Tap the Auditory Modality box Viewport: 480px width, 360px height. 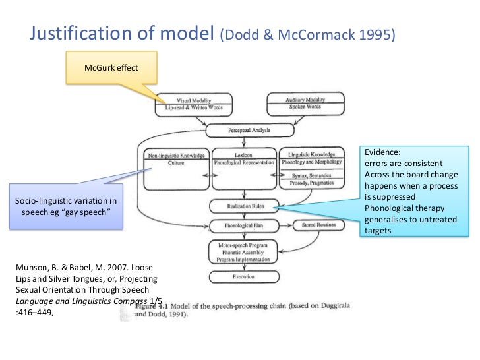tap(305, 103)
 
